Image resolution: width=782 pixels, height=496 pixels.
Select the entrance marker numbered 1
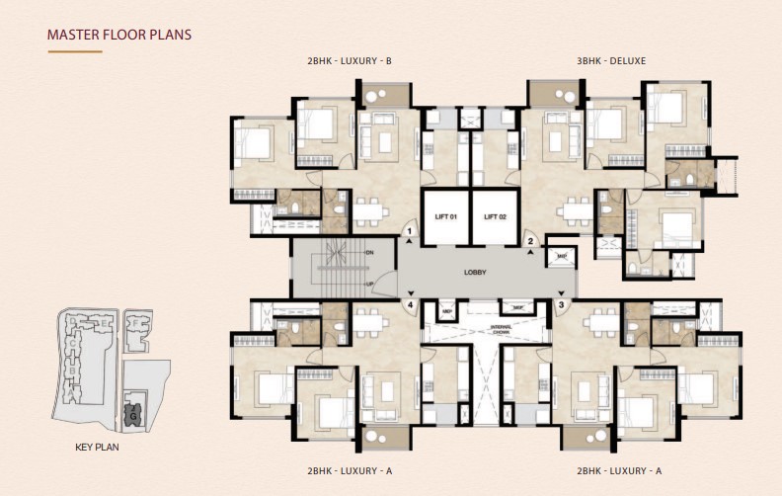(x=409, y=231)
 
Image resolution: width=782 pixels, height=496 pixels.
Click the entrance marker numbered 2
(x=530, y=240)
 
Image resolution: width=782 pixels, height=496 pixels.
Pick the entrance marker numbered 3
(x=561, y=305)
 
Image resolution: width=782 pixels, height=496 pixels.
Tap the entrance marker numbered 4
(x=408, y=305)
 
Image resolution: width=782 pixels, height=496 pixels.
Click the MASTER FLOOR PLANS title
(x=119, y=35)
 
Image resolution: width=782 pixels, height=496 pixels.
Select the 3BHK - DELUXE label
(x=611, y=61)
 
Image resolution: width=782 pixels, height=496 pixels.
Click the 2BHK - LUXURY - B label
(x=350, y=61)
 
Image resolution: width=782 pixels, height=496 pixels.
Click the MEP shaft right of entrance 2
(x=562, y=255)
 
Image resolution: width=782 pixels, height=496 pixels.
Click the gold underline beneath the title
(x=74, y=50)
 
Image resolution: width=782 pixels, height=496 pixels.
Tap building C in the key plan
(x=71, y=342)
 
